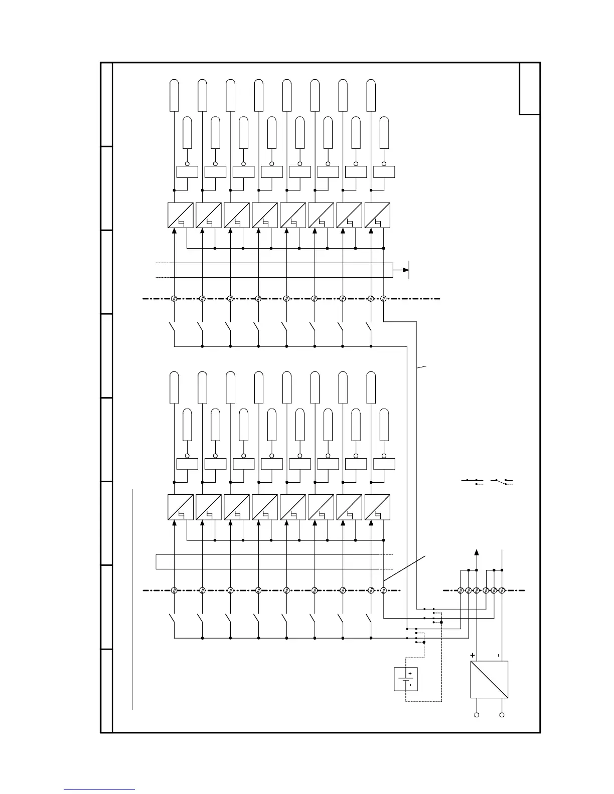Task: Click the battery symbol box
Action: click(x=406, y=679)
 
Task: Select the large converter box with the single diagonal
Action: click(x=489, y=679)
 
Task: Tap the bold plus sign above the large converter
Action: click(x=472, y=655)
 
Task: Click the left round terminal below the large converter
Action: click(x=477, y=715)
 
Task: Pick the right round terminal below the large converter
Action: click(x=502, y=715)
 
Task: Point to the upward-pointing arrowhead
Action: click(x=477, y=552)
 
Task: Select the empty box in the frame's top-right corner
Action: click(x=530, y=88)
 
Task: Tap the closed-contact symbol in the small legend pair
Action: click(x=472, y=481)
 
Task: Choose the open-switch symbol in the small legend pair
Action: click(x=502, y=481)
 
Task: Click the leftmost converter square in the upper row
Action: click(x=180, y=215)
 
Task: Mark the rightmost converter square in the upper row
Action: click(x=377, y=215)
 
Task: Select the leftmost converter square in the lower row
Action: click(x=180, y=507)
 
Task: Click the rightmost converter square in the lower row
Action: click(x=377, y=507)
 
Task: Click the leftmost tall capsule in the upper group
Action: click(x=174, y=95)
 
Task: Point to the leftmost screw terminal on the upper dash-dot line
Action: click(x=174, y=299)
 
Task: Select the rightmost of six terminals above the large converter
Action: click(x=502, y=591)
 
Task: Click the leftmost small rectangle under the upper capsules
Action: click(x=187, y=172)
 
